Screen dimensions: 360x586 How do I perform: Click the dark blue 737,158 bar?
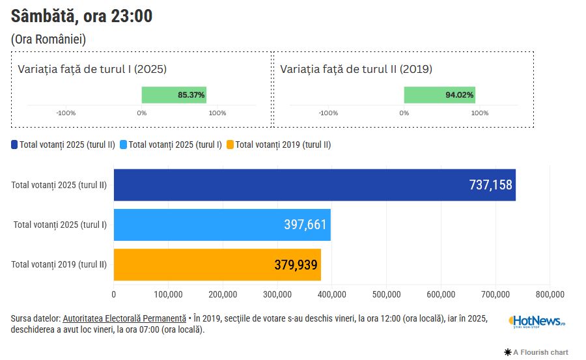(314, 185)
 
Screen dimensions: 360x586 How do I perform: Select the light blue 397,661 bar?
(222, 225)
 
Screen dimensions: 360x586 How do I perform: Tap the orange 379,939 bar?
(217, 264)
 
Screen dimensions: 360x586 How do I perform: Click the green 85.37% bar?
(174, 95)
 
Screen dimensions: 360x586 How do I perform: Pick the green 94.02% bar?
(439, 95)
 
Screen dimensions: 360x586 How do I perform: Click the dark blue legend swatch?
(14, 145)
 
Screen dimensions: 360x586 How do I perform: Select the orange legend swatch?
(230, 145)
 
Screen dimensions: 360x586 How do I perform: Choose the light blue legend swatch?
(124, 145)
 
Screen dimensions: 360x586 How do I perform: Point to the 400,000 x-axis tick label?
(332, 294)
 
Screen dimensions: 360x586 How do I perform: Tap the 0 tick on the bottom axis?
(114, 294)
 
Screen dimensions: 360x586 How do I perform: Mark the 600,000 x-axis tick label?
(441, 294)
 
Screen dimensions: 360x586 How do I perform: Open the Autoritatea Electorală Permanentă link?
(124, 318)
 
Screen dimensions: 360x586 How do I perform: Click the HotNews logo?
(537, 321)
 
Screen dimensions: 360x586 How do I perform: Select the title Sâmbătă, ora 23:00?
(82, 16)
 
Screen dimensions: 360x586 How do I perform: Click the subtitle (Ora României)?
(49, 39)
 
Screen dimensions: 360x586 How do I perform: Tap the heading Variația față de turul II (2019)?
(356, 69)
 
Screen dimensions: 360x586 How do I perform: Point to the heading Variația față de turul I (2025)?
(92, 69)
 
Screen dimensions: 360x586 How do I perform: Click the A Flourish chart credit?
(537, 352)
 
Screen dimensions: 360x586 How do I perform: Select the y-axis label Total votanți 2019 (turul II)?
(59, 264)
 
